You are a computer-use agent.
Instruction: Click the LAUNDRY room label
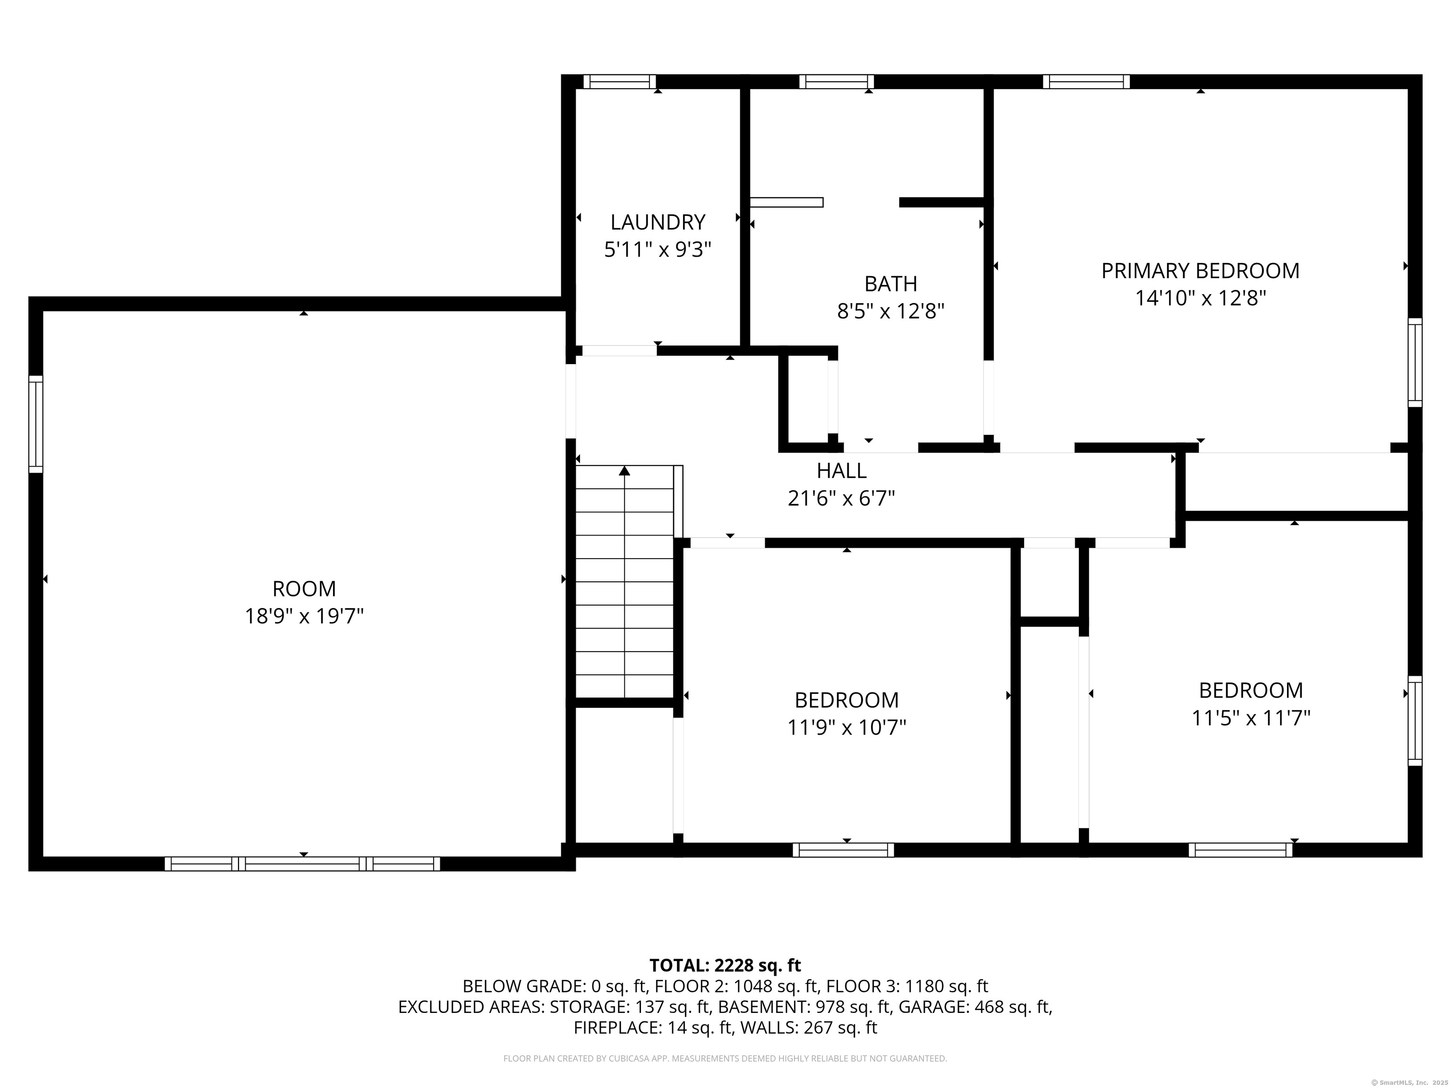coord(657,222)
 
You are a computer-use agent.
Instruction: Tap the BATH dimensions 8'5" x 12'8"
coord(890,311)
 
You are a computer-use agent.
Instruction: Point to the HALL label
coord(842,470)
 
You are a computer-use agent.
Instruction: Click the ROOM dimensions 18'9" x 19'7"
coord(304,616)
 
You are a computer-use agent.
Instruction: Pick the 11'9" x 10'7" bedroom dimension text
coord(846,727)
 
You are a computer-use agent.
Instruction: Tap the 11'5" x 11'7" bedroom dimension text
coord(1250,718)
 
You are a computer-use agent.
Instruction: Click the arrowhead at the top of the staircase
coord(624,471)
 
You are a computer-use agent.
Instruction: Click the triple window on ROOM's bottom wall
coord(302,864)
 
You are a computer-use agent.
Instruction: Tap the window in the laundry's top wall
coord(619,81)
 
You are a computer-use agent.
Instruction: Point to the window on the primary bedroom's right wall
coord(1415,363)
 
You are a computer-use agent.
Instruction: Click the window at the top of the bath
coord(836,81)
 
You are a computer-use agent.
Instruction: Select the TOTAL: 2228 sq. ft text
coord(725,965)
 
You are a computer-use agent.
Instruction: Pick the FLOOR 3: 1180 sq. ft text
coord(907,986)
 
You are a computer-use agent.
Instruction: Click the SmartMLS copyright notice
coord(1408,1082)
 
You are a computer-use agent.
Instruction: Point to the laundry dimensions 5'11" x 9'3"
coord(657,250)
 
